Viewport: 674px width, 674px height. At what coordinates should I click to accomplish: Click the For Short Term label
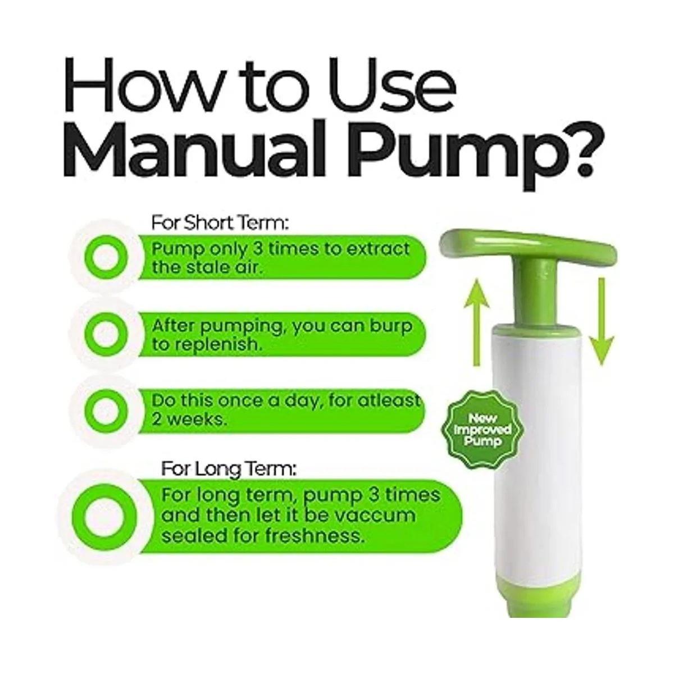[x=220, y=223]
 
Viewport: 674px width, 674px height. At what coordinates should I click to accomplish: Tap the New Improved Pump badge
[x=482, y=430]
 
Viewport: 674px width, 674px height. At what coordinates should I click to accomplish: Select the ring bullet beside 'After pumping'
[x=105, y=334]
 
